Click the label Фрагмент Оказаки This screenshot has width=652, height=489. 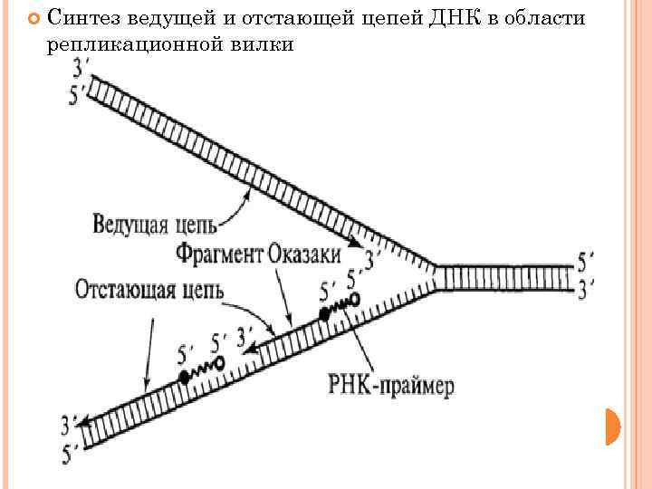(259, 253)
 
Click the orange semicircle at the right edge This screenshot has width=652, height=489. (613, 426)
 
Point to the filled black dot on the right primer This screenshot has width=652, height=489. (323, 314)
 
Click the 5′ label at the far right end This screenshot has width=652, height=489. (587, 262)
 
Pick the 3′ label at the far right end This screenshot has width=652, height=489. (587, 289)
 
